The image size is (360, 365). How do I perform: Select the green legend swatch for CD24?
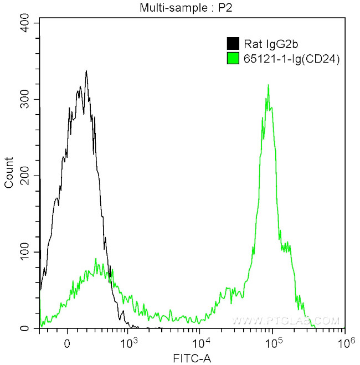pos(233,56)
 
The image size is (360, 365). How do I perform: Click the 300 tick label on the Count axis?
pos(28,100)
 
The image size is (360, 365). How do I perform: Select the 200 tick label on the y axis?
pos(28,176)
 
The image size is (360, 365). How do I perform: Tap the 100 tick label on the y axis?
pos(28,253)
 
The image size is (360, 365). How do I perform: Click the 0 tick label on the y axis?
pos(32,328)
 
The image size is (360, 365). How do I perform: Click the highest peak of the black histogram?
pos(86,71)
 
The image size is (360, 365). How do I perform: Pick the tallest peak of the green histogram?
pos(269,85)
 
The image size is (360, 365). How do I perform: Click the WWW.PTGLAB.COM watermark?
pos(285,321)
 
